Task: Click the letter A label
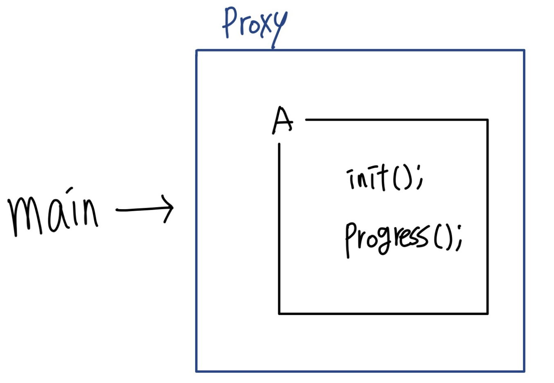282,121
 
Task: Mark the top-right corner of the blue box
524,51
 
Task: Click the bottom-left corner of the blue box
196,371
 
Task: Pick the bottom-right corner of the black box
487,313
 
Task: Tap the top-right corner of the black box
487,120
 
